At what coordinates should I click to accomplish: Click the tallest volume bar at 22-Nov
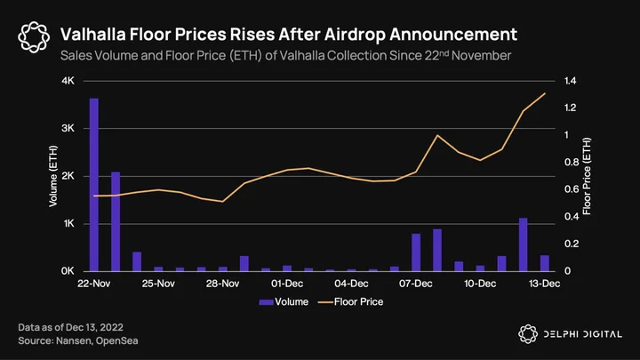tap(94, 185)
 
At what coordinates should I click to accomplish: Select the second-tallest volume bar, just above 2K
tap(116, 221)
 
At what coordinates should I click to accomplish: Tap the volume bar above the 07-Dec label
tap(416, 252)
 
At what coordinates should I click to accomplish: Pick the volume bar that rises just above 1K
tap(524, 244)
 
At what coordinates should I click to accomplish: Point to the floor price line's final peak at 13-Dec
tap(545, 93)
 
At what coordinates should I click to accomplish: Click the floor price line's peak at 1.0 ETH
tap(437, 135)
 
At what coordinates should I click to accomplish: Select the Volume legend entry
tap(284, 302)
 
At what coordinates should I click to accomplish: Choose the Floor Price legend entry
tap(350, 302)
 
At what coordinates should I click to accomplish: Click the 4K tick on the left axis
tap(68, 81)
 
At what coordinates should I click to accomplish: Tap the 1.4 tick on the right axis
tap(570, 81)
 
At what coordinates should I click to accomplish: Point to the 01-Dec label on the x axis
tap(287, 284)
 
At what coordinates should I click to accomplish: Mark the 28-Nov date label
tap(222, 284)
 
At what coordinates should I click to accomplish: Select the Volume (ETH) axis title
tap(53, 176)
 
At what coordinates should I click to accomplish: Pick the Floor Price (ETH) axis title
tap(587, 176)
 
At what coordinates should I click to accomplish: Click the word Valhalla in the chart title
tap(93, 35)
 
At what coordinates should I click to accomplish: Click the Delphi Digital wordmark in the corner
tap(583, 334)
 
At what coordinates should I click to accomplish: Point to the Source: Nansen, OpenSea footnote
tap(78, 340)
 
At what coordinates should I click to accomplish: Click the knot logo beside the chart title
tap(34, 37)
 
